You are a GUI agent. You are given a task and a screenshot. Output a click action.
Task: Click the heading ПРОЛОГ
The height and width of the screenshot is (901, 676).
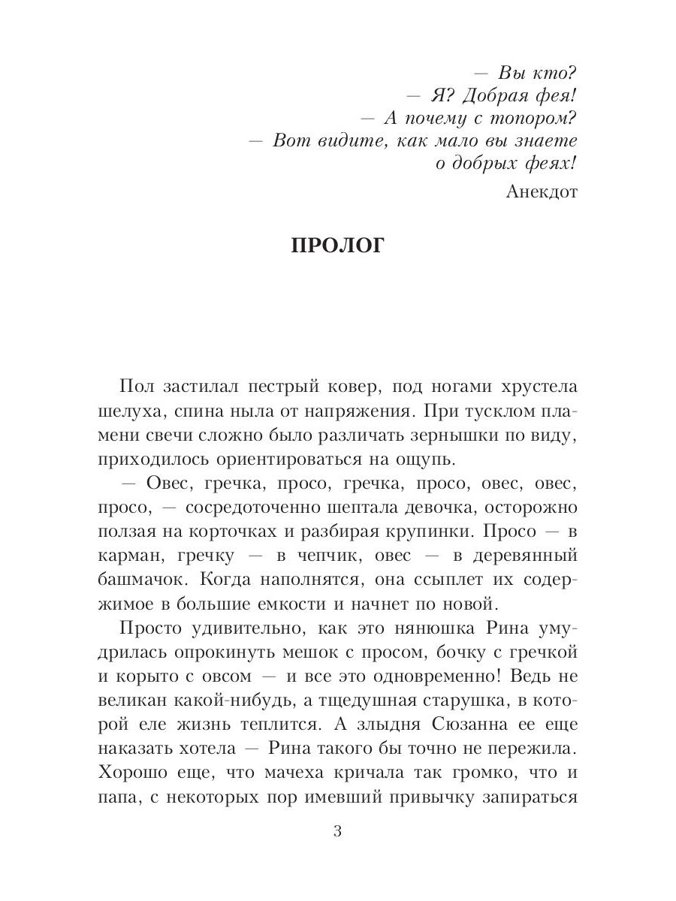point(336,247)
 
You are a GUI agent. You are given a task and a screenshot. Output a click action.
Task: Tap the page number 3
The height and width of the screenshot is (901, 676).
point(337,832)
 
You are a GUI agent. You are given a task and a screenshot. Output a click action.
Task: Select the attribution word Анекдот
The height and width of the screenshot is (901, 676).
point(542,191)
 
